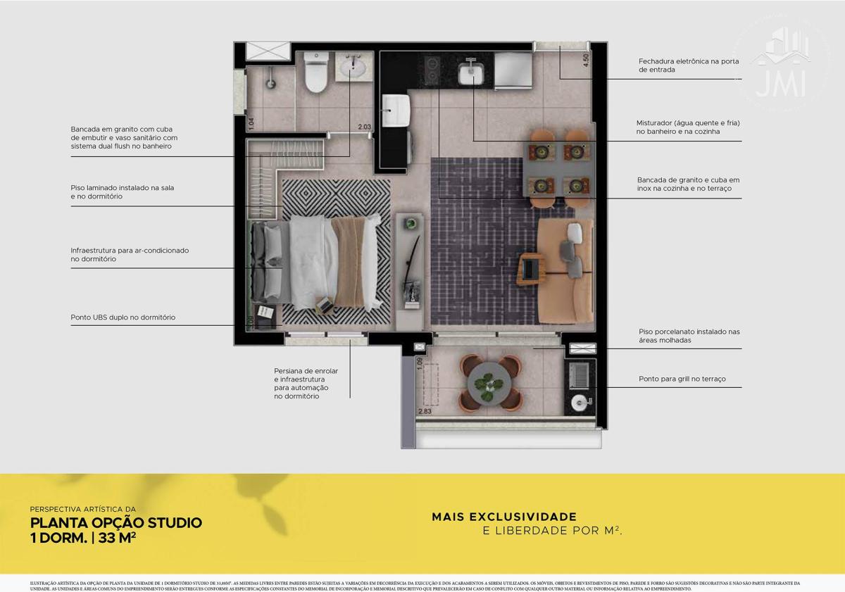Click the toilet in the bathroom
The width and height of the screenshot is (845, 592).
315,74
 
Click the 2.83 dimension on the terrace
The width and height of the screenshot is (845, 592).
425,412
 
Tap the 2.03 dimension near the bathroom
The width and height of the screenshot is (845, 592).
364,127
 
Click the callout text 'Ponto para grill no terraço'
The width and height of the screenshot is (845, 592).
682,379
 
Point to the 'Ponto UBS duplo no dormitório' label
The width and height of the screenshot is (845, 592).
123,317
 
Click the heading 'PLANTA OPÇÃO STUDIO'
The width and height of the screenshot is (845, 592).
116,523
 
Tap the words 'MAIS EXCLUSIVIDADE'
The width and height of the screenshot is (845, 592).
504,517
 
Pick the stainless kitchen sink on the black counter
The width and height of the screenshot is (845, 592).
470,72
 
